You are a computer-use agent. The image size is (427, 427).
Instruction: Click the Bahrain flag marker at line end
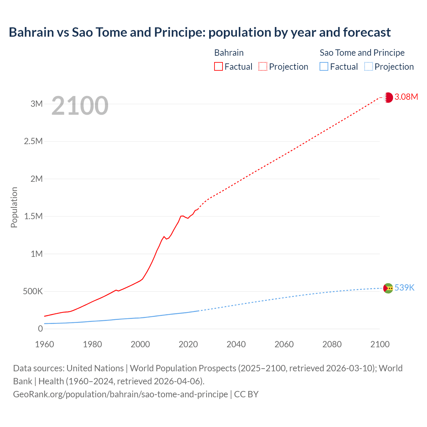[388, 97]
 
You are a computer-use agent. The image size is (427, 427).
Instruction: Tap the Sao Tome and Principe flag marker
[388, 288]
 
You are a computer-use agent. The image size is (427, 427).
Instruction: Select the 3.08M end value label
[406, 97]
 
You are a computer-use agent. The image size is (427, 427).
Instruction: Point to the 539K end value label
[404, 288]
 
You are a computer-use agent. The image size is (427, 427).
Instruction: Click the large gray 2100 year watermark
[80, 106]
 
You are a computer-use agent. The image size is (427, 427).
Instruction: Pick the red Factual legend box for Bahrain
[219, 67]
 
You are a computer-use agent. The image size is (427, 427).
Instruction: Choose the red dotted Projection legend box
[263, 67]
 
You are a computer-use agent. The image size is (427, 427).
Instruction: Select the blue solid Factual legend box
[324, 67]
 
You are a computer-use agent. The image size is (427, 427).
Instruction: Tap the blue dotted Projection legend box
[368, 67]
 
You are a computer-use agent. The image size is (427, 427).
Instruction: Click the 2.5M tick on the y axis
[33, 141]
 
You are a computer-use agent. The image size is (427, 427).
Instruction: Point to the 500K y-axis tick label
[33, 292]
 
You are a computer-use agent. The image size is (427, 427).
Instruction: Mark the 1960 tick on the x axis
[44, 344]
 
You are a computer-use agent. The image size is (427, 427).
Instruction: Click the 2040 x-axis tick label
[236, 344]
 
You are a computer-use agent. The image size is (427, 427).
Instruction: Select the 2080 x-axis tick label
[332, 344]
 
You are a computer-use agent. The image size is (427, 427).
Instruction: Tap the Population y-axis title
[14, 207]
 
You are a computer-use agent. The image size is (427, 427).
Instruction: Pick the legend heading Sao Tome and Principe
[362, 53]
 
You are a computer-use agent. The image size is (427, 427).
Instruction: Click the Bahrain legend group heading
[229, 53]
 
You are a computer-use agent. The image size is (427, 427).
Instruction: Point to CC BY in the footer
[246, 394]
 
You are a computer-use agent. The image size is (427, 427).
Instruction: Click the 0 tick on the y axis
[40, 329]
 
